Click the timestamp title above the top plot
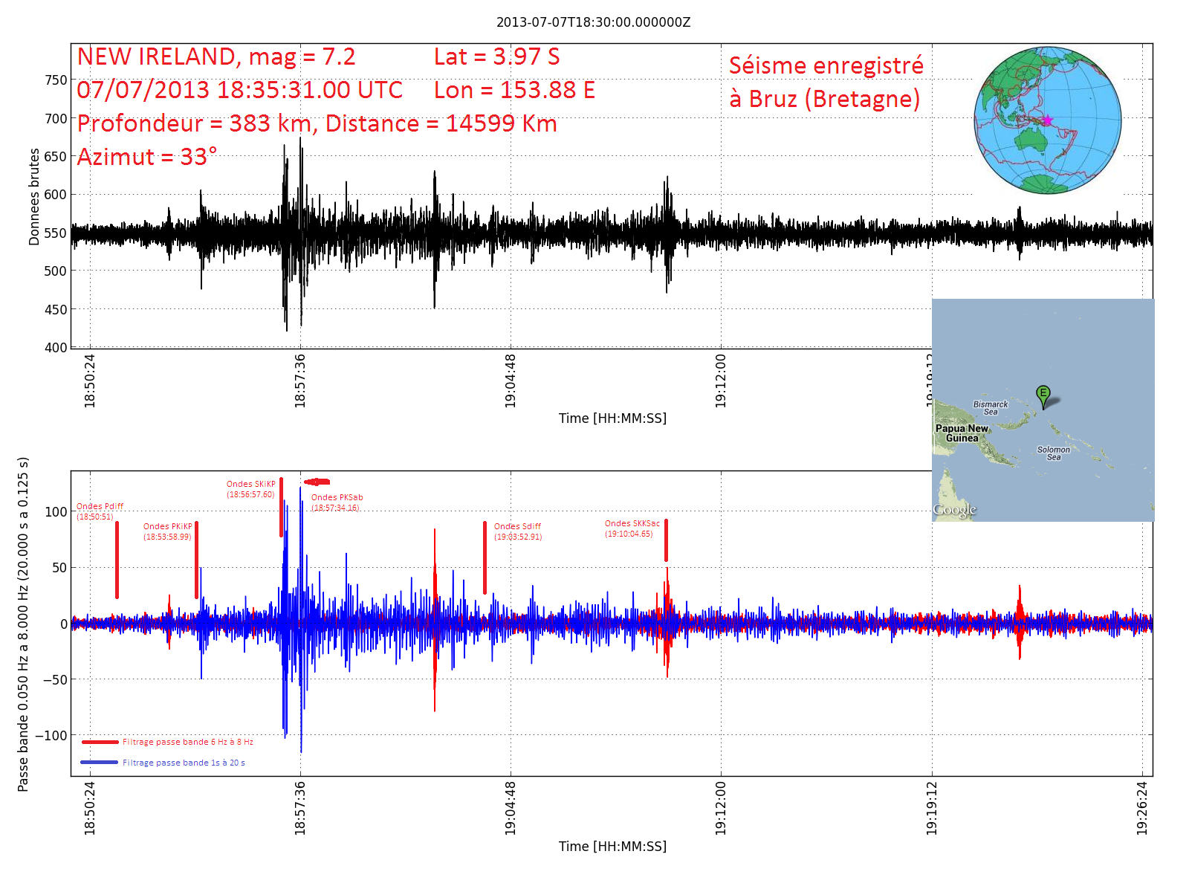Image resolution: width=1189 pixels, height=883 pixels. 593,22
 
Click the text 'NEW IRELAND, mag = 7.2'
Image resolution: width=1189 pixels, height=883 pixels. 216,57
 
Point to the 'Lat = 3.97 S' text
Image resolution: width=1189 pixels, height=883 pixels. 496,57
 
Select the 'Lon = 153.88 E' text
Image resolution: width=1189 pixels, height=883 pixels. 514,91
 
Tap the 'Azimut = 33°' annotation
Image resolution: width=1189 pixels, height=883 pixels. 147,158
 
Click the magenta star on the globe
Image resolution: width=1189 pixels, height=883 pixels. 1047,120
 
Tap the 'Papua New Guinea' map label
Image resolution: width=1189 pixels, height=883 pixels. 962,433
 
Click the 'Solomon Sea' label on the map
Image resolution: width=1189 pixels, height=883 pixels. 1054,453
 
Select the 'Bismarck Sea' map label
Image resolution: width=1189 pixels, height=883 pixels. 991,408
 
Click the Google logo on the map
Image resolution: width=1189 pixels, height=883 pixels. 955,510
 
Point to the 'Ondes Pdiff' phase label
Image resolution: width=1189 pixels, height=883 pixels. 100,507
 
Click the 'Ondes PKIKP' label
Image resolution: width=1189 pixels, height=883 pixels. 167,527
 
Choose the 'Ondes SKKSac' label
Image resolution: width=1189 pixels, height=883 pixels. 632,524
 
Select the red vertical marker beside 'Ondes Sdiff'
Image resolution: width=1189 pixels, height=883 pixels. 485,557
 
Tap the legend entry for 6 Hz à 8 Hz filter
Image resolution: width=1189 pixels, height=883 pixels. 187,742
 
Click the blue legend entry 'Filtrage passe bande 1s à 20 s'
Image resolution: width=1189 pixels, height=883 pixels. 183,763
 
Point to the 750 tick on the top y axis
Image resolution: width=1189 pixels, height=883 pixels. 56,80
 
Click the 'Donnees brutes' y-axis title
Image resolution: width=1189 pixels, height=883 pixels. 34,197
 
